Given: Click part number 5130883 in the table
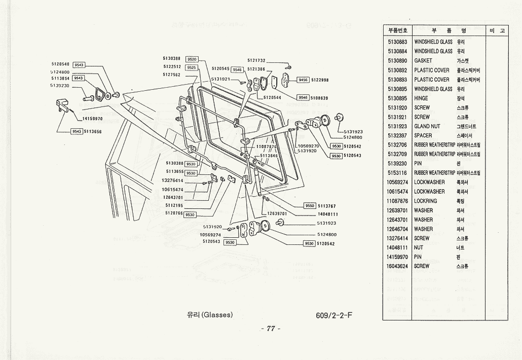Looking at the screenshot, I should pyautogui.click(x=397, y=42).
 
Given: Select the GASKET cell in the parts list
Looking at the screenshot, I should pyautogui.click(x=423, y=61).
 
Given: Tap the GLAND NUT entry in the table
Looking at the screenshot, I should pyautogui.click(x=427, y=126).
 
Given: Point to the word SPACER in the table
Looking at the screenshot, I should pyautogui.click(x=423, y=135).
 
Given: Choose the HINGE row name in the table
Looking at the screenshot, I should pyautogui.click(x=421, y=98).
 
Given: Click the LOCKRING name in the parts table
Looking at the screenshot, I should pyautogui.click(x=426, y=201).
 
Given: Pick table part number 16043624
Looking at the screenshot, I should pyautogui.click(x=397, y=266).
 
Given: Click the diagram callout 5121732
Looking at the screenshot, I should pyautogui.click(x=256, y=60).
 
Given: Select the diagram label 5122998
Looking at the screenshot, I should pyautogui.click(x=320, y=80).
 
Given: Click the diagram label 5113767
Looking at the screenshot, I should pyautogui.click(x=327, y=206).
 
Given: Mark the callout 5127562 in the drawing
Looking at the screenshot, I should pyautogui.click(x=172, y=75).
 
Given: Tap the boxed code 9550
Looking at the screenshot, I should pyautogui.click(x=310, y=206).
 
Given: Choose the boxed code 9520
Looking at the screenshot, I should pyautogui.click(x=192, y=59).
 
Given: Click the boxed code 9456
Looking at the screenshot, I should pyautogui.click(x=303, y=80).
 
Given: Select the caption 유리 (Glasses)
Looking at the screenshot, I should pyautogui.click(x=210, y=315).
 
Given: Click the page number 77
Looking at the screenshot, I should pyautogui.click(x=270, y=329).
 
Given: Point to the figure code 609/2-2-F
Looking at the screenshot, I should pyautogui.click(x=333, y=315).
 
